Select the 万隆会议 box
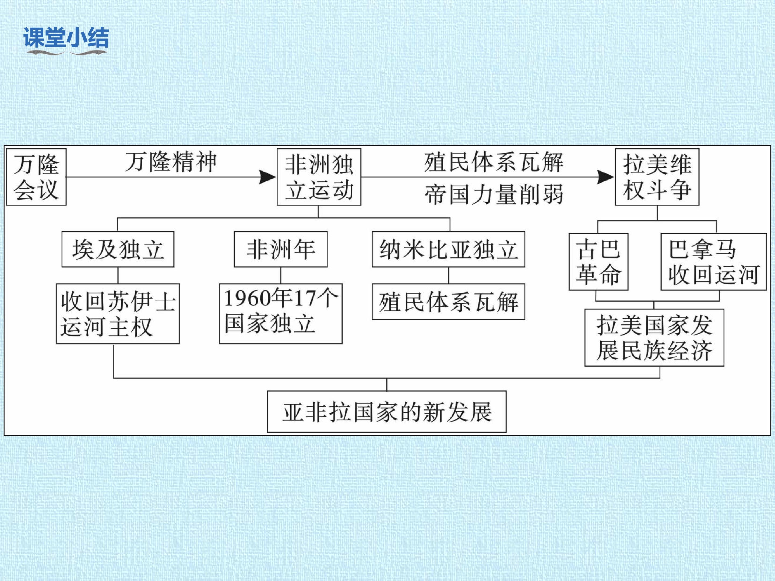click(x=36, y=177)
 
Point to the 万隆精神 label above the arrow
click(x=171, y=162)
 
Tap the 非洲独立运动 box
click(x=319, y=177)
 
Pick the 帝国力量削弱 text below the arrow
click(x=494, y=194)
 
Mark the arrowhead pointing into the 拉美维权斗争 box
click(x=606, y=177)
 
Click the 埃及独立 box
click(x=118, y=249)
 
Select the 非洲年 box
click(x=281, y=249)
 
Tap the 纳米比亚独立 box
click(x=449, y=249)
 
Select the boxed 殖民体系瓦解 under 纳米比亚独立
click(x=449, y=302)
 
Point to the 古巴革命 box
click(x=598, y=262)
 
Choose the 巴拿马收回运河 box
click(x=714, y=262)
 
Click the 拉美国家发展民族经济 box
click(x=654, y=338)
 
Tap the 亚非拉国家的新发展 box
click(x=387, y=412)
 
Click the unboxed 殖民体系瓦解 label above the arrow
click(x=494, y=162)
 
